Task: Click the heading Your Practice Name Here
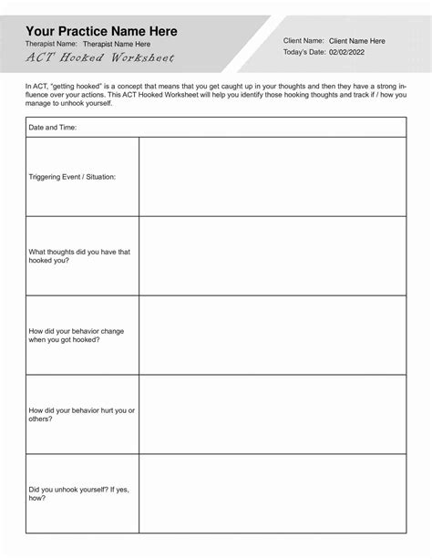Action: [x=101, y=31]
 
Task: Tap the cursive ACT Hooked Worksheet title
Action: [x=99, y=57]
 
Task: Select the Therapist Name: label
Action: [x=50, y=44]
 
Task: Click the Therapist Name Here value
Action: [x=117, y=44]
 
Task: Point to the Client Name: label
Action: [x=303, y=41]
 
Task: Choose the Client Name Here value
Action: [x=356, y=41]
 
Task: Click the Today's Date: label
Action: [x=305, y=54]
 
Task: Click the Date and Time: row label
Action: [x=53, y=128]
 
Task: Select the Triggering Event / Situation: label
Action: [x=72, y=176]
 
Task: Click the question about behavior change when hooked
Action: [x=77, y=335]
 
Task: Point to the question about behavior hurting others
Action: [x=81, y=414]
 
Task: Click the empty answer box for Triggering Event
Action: [x=272, y=177]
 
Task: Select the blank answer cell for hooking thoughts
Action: [x=272, y=256]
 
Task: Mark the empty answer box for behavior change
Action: [x=272, y=335]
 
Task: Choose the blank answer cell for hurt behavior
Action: [x=272, y=414]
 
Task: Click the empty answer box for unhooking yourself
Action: [x=272, y=493]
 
